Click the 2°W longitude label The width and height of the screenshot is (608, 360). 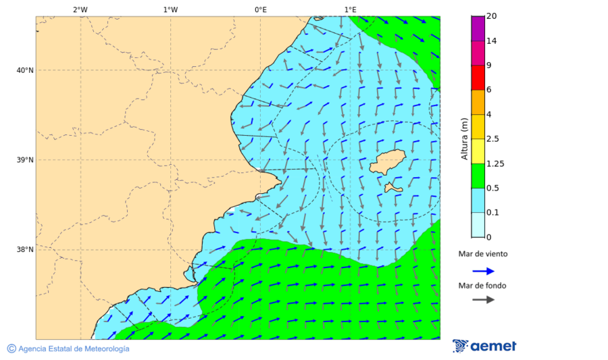point(80,9)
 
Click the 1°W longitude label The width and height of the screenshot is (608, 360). point(170,9)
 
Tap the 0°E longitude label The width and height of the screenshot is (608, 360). point(260,9)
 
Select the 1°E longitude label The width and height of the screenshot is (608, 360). point(350,9)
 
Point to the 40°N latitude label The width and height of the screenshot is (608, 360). point(24,70)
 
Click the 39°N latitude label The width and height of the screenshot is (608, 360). point(24,160)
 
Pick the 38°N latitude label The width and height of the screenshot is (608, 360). point(24,250)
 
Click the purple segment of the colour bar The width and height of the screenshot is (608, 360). point(478,28)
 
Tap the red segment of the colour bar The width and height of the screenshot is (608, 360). point(478,77)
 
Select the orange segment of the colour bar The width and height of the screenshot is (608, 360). point(478,102)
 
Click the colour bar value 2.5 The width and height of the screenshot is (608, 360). point(492,139)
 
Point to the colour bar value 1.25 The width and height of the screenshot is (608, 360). point(495,163)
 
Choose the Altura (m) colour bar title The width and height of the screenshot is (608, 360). point(464,138)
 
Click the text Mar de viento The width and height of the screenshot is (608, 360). point(482,255)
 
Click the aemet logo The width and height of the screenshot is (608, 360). point(484,346)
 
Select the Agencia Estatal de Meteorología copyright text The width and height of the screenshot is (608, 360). point(68,349)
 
